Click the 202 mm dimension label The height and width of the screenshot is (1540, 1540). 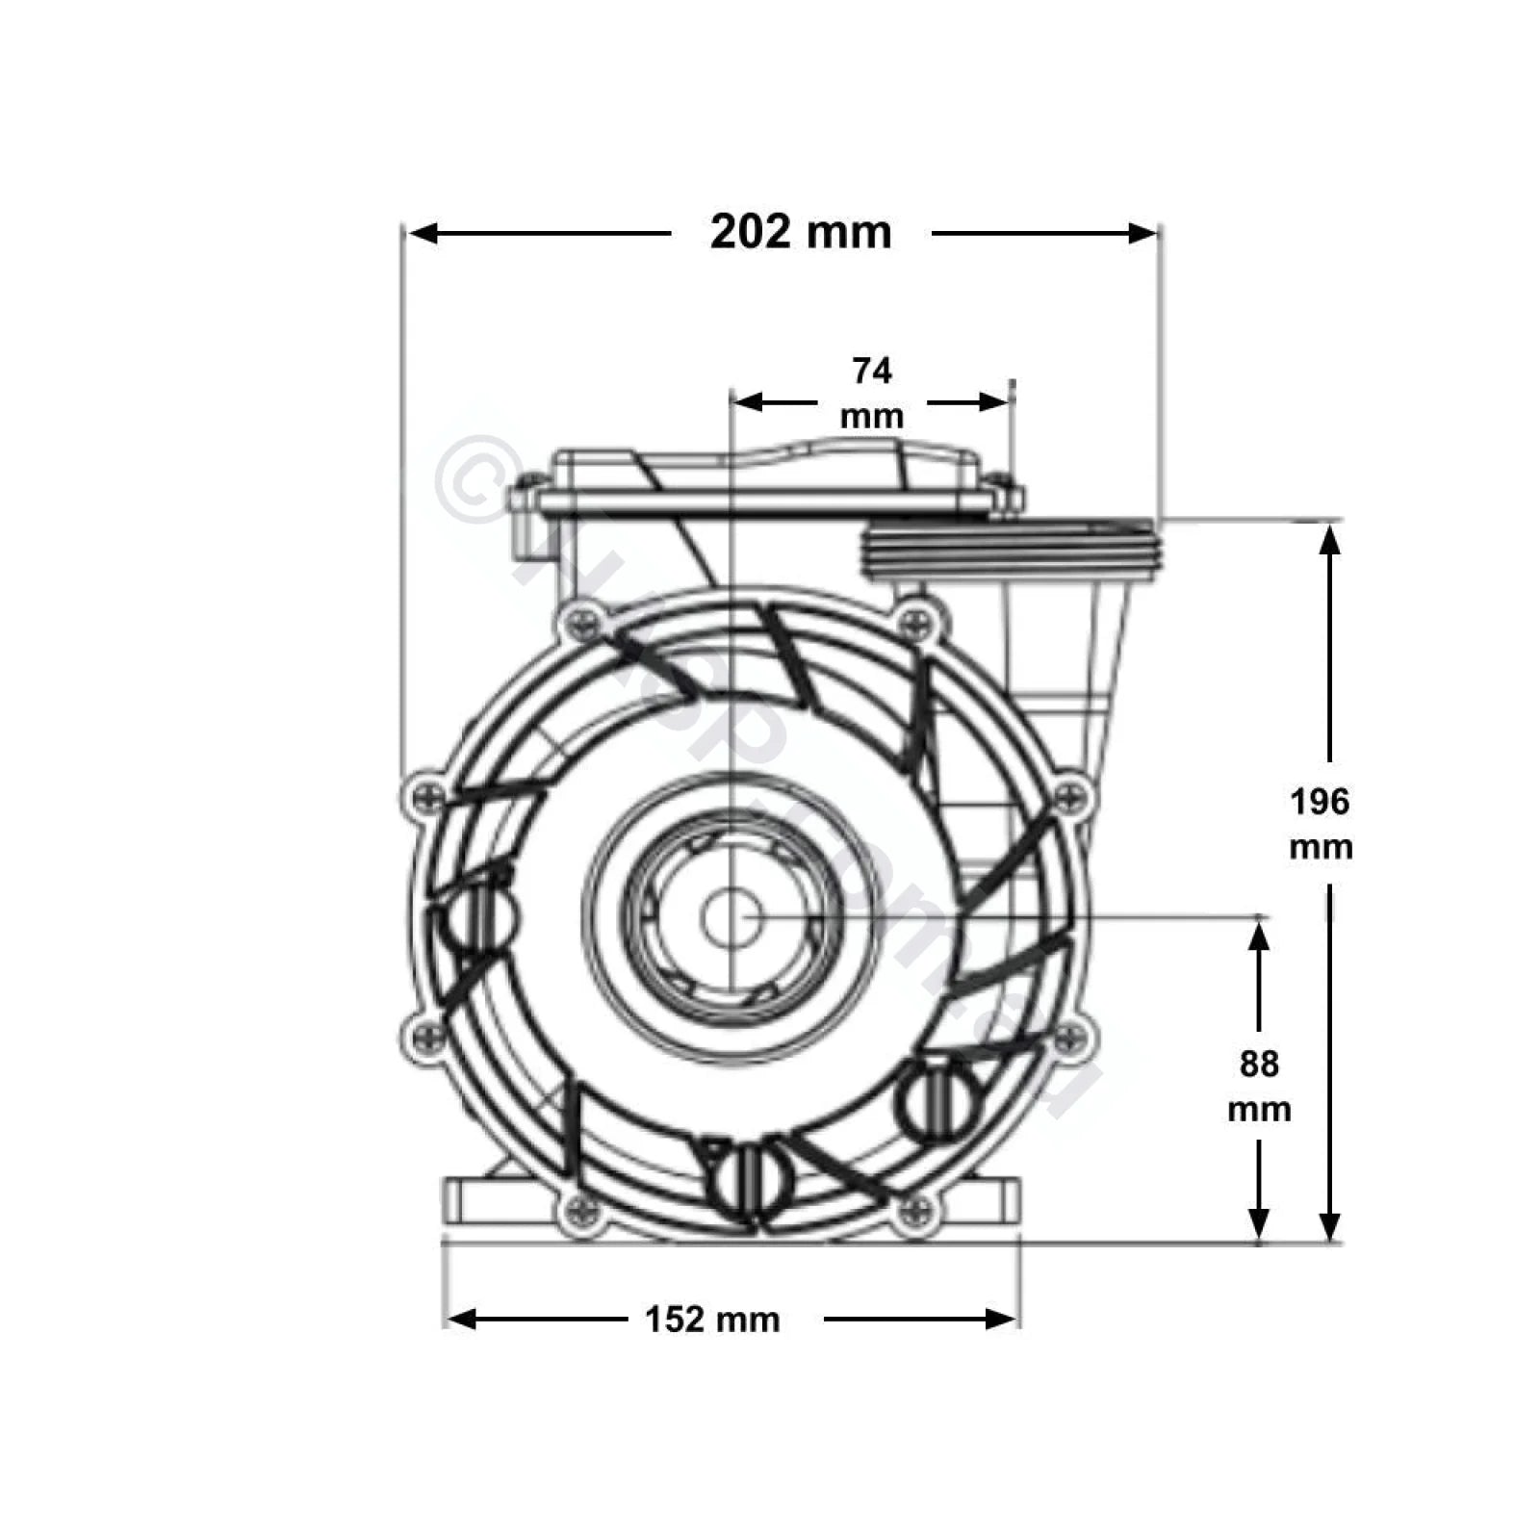point(800,232)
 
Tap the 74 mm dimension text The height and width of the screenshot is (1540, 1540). point(871,393)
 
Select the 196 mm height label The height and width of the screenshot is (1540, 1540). point(1320,823)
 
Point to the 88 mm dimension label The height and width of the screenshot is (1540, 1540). point(1258,1086)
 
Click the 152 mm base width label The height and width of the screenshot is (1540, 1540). point(712,1319)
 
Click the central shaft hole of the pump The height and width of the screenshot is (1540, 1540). point(731,917)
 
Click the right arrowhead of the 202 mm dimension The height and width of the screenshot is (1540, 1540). point(1142,233)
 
